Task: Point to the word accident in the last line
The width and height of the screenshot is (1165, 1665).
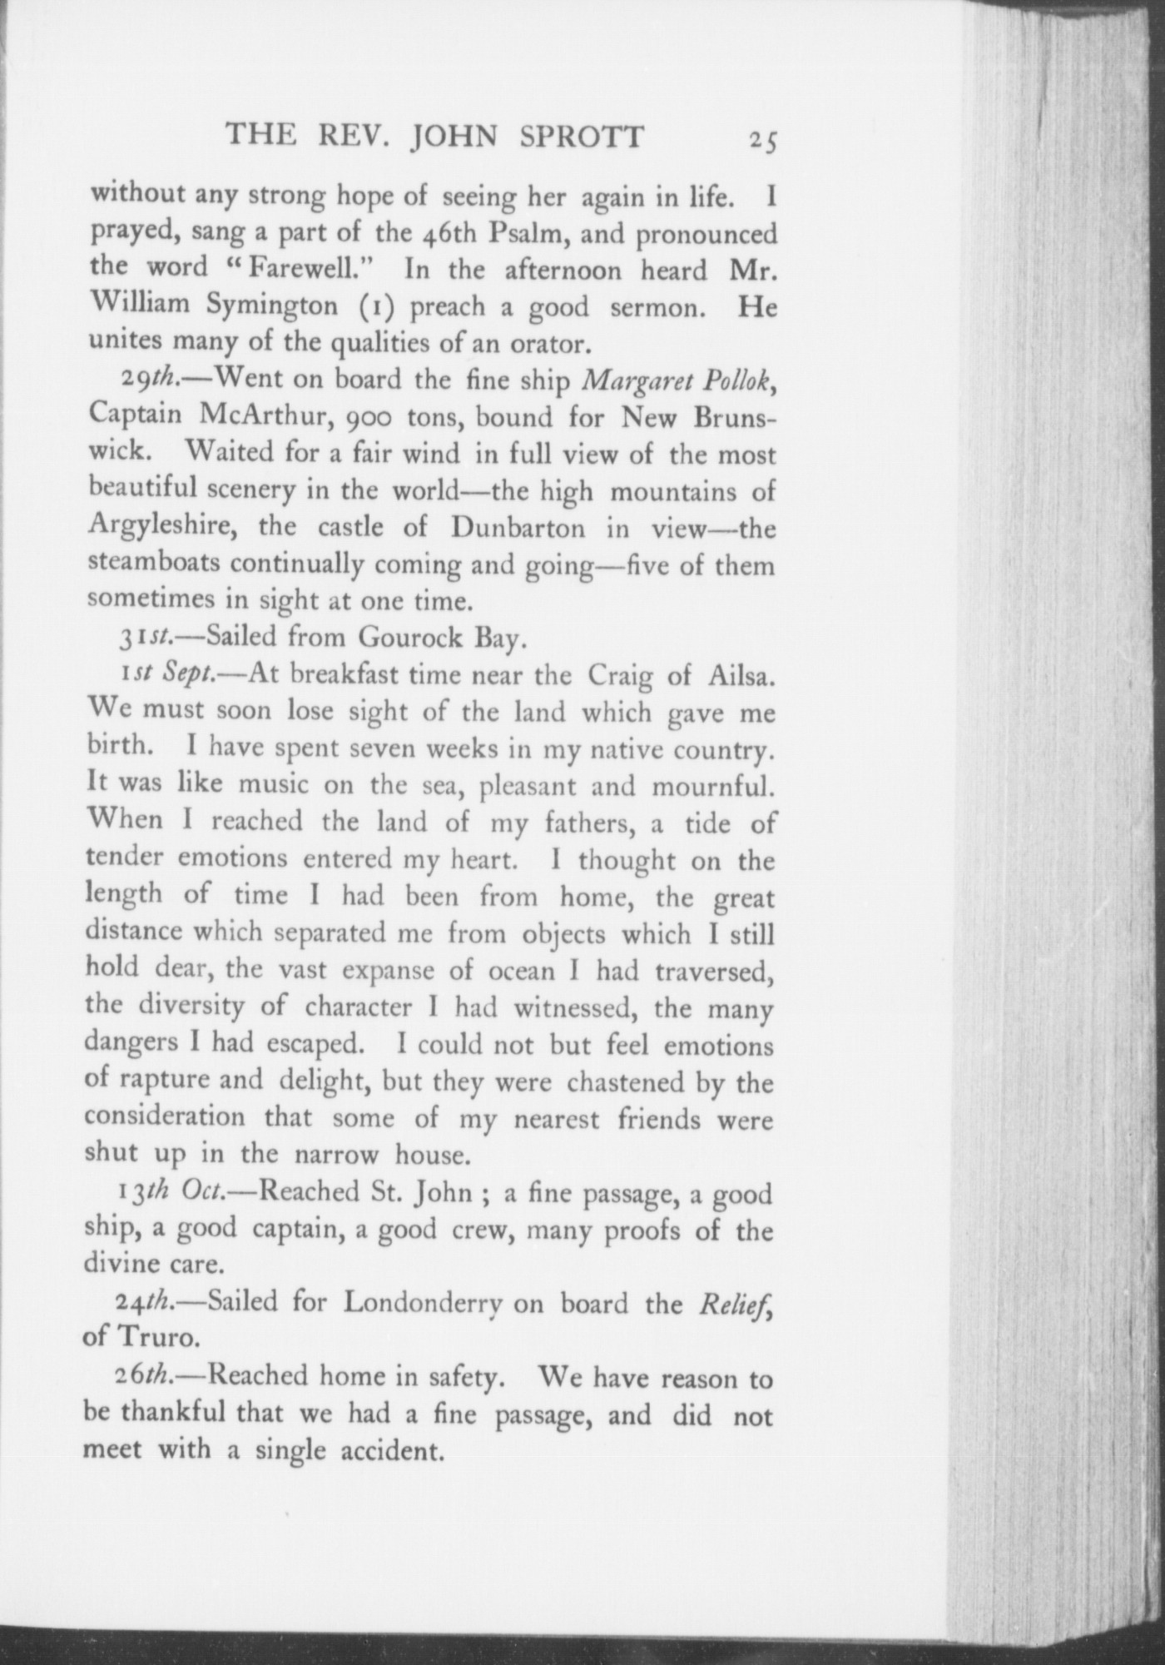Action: [389, 1450]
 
